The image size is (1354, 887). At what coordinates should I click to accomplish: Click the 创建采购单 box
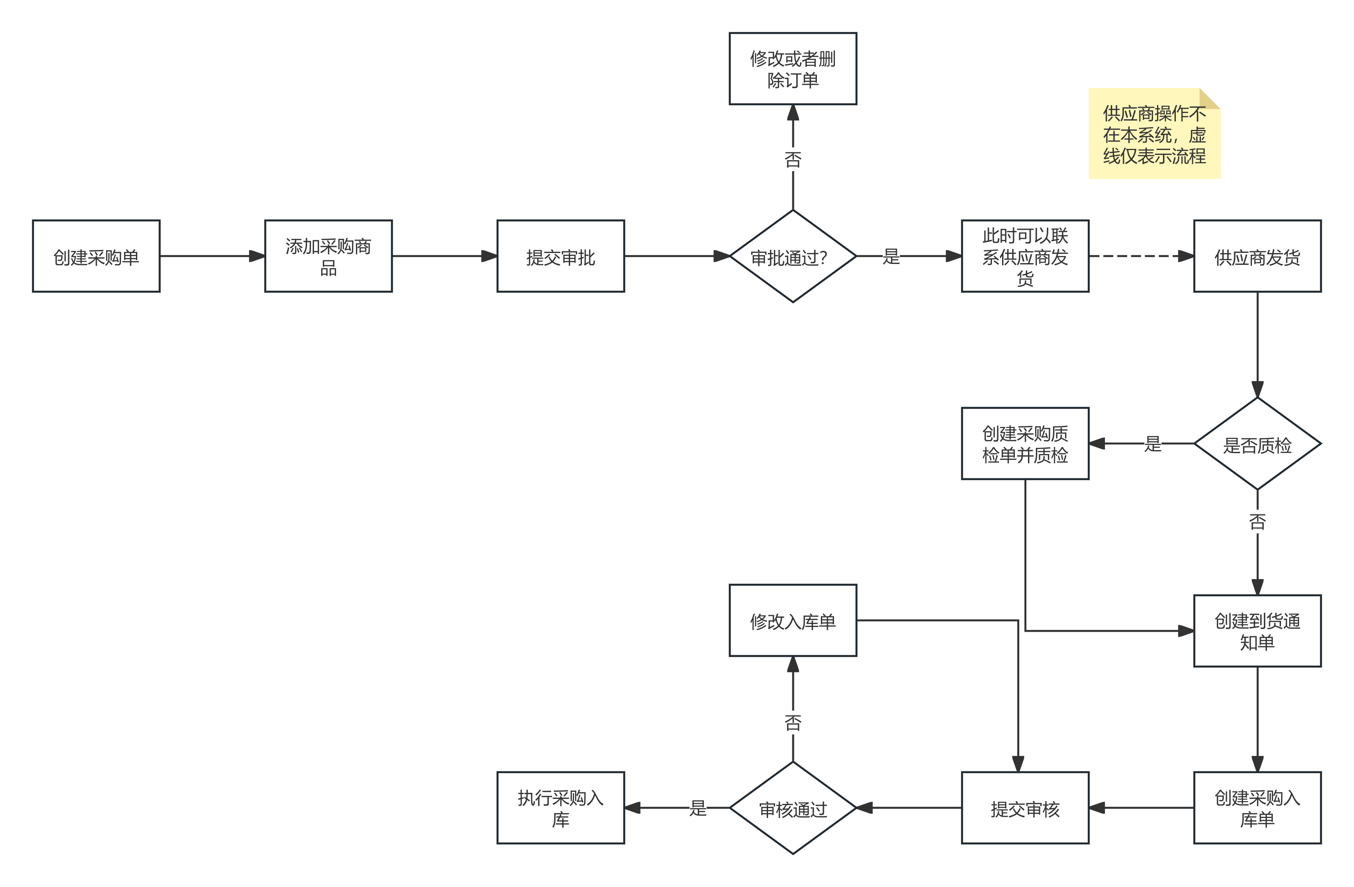coord(96,256)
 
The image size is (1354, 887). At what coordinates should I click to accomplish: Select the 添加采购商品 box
coord(328,256)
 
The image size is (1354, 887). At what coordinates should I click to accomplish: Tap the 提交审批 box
coord(560,256)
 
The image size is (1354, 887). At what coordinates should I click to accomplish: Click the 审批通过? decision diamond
coord(793,256)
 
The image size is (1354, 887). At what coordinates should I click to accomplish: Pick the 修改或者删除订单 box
coord(793,69)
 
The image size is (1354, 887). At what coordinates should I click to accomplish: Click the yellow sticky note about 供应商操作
coord(1154,134)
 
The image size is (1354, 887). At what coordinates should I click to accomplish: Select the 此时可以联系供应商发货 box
coord(1025,256)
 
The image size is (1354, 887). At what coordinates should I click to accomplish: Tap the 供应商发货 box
coord(1257,256)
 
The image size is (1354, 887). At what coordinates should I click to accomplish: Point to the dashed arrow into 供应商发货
coord(1141,256)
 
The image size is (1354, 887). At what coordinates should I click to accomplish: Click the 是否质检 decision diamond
coord(1257,443)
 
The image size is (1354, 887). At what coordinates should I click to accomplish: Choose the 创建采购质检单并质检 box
coord(1025,443)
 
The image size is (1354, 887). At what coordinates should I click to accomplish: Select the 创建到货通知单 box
coord(1257,630)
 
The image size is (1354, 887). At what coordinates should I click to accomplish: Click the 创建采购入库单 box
coord(1257,807)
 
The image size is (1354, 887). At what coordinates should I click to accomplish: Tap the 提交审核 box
coord(1025,807)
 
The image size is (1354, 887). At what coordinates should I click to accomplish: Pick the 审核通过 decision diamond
coord(793,807)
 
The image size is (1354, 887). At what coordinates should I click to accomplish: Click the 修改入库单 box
coord(793,620)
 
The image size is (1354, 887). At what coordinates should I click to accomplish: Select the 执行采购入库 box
coord(560,807)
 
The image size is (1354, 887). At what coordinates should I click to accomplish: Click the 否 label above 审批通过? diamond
coord(793,160)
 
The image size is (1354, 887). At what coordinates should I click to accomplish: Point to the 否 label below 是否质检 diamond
coord(1257,522)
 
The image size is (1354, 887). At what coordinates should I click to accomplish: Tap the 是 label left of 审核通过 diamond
coord(698,807)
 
